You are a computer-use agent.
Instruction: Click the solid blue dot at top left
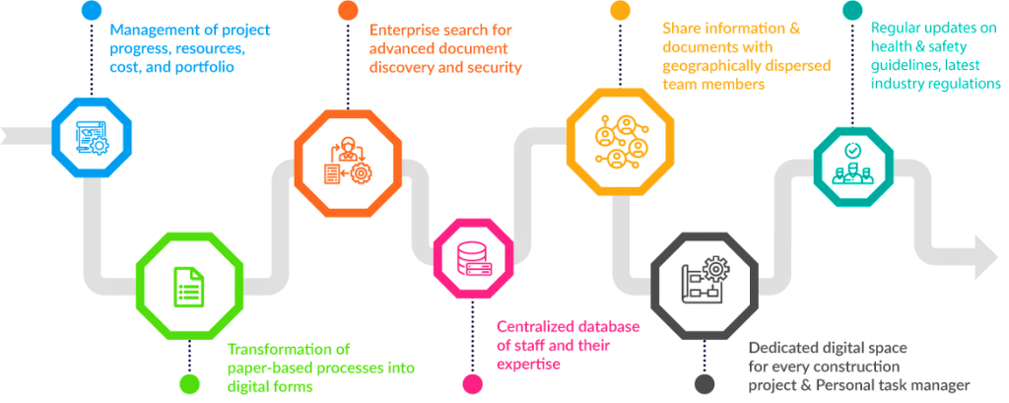pyautogui.click(x=91, y=11)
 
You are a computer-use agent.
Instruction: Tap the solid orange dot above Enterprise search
pyautogui.click(x=348, y=11)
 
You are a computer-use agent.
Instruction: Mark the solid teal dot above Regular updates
pyautogui.click(x=853, y=11)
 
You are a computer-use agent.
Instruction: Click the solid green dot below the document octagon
pyautogui.click(x=189, y=383)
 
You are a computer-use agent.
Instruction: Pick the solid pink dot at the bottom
pyautogui.click(x=472, y=383)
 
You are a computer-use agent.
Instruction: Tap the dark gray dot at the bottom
pyautogui.click(x=705, y=383)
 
